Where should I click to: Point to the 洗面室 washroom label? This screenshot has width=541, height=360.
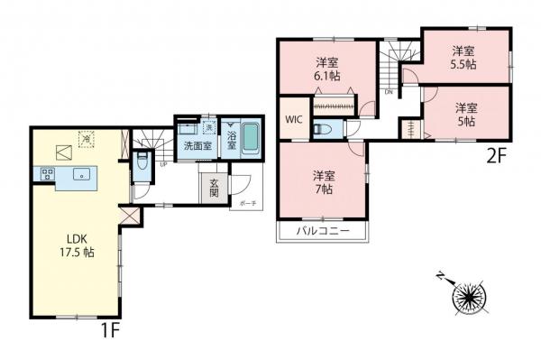[197, 144]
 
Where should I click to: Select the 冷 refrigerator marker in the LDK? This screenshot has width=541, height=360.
[87, 138]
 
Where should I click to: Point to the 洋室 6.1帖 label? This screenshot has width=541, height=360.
[326, 69]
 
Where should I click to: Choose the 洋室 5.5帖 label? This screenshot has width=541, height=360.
[464, 57]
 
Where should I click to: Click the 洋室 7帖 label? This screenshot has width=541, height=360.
[324, 181]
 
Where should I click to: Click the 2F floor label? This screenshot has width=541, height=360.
[495, 154]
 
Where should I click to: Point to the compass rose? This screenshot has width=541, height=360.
[470, 295]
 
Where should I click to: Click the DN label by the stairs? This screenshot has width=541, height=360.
[388, 92]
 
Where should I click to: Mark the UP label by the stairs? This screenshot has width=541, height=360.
[162, 165]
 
